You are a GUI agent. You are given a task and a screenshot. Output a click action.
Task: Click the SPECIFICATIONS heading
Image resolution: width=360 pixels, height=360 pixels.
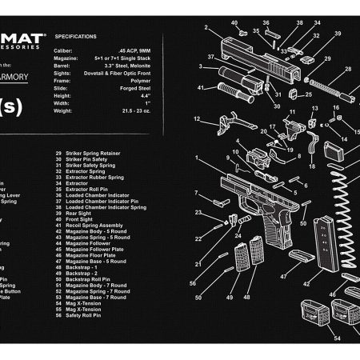[x=77, y=37]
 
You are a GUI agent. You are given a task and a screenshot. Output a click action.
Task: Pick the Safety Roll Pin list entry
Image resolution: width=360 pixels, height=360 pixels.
[x=84, y=316]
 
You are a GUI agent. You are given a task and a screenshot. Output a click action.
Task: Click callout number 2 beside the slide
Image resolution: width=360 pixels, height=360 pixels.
[x=205, y=28]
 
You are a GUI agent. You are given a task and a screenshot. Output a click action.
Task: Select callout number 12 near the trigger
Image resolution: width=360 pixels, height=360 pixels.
[x=196, y=119]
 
